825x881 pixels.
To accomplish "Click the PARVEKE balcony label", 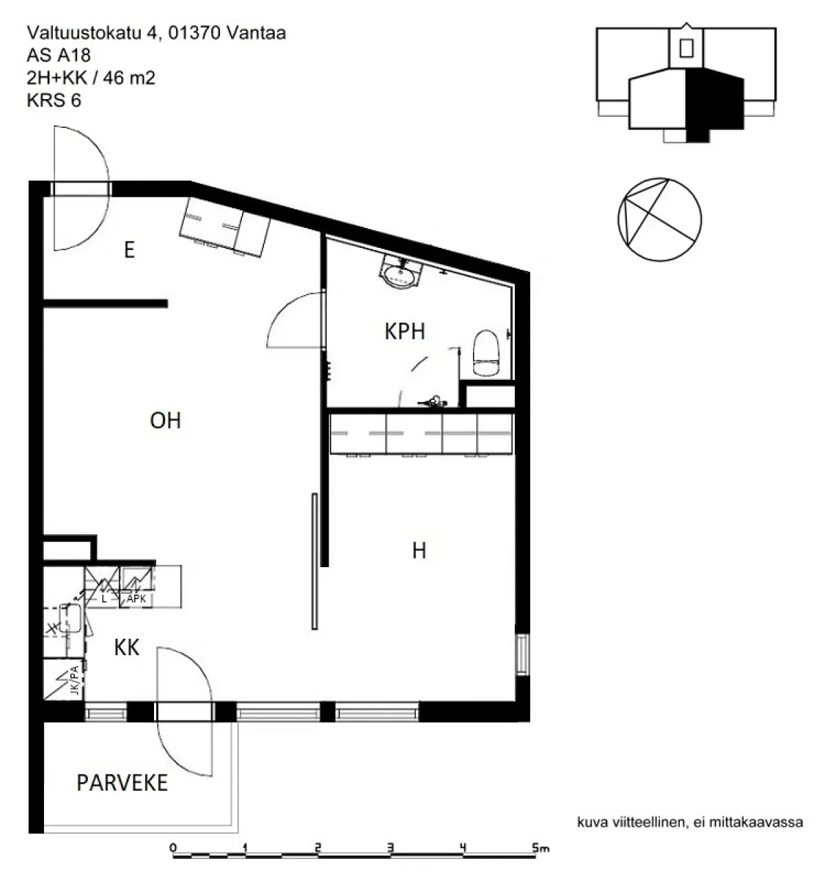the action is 122,783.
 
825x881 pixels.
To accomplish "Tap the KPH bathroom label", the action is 405,331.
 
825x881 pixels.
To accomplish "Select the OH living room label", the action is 166,421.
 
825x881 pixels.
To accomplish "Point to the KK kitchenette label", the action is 126,647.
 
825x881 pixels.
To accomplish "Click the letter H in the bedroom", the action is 419,551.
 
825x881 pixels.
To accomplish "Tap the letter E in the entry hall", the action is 129,250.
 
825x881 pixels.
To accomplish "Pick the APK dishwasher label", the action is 136,598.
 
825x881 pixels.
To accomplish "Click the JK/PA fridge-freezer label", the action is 75,680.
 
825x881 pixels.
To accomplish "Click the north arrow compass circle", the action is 659,220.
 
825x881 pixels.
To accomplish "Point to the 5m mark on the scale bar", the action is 540,848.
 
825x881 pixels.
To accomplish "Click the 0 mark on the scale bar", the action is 173,848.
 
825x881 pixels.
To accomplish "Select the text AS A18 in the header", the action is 58,56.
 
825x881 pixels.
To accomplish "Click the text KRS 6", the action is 54,100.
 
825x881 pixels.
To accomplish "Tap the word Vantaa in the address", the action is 256,33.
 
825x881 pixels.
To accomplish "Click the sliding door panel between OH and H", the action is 315,561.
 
